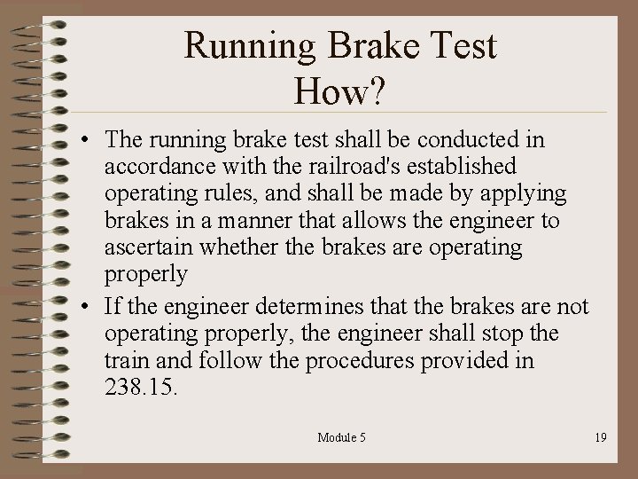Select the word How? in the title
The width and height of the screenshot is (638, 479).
pyautogui.click(x=341, y=90)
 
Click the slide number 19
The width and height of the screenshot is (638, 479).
pyautogui.click(x=601, y=436)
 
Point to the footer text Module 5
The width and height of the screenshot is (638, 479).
pyautogui.click(x=340, y=436)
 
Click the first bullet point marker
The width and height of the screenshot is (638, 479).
pyautogui.click(x=81, y=142)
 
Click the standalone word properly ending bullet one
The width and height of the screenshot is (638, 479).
pyautogui.click(x=145, y=273)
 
